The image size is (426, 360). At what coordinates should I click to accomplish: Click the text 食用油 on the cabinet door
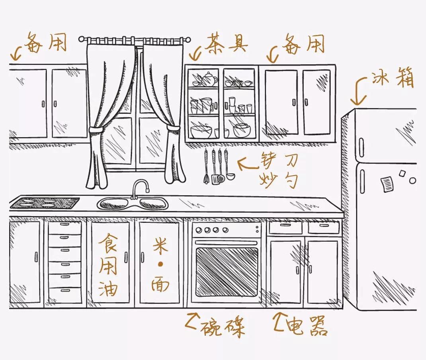pyautogui.click(x=108, y=265)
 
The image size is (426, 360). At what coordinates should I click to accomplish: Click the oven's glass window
pyautogui.click(x=227, y=272)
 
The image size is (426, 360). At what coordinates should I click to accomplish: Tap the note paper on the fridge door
pyautogui.click(x=387, y=184)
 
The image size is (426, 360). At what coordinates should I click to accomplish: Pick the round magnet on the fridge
pyautogui.click(x=412, y=180)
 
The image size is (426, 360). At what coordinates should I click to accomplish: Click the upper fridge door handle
pyautogui.click(x=362, y=147)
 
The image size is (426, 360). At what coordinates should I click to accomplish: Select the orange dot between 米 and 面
pyautogui.click(x=160, y=264)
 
